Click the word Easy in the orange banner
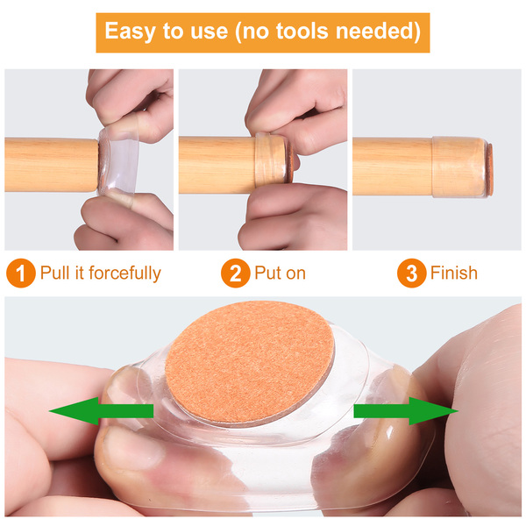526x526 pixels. pyautogui.click(x=130, y=32)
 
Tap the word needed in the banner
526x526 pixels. pyautogui.click(x=378, y=31)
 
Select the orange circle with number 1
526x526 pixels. pyautogui.click(x=21, y=273)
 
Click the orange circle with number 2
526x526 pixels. pyautogui.click(x=236, y=273)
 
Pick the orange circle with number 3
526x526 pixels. pyautogui.click(x=412, y=273)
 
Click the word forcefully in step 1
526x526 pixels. pyautogui.click(x=124, y=273)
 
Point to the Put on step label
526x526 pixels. pyautogui.click(x=281, y=273)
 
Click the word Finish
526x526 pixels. pyautogui.click(x=454, y=272)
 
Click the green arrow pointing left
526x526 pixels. pyautogui.click(x=102, y=411)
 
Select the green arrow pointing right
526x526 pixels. pyautogui.click(x=406, y=411)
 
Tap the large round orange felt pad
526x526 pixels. pyautogui.click(x=250, y=362)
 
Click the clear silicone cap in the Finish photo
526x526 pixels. pyautogui.click(x=459, y=167)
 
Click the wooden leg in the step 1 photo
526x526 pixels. pyautogui.click(x=52, y=165)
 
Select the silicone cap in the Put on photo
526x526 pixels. pyautogui.click(x=272, y=160)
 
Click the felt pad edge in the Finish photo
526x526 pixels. pyautogui.click(x=490, y=169)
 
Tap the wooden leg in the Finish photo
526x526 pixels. pyautogui.click(x=393, y=166)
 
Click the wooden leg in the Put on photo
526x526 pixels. pyautogui.click(x=217, y=165)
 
